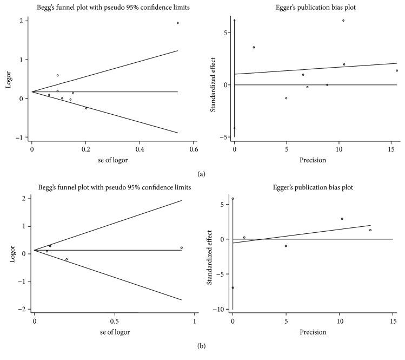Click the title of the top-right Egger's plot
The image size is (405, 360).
coord(315,6)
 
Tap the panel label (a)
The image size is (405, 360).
coord(202,174)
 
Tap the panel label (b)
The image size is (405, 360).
coord(202,356)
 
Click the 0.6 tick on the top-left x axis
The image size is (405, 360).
coord(194,148)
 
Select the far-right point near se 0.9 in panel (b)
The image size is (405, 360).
coord(182,247)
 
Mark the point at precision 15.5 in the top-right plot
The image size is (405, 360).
coord(396,70)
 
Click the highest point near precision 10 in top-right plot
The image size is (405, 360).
coord(343,21)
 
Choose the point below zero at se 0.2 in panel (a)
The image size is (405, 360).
coord(86,108)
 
